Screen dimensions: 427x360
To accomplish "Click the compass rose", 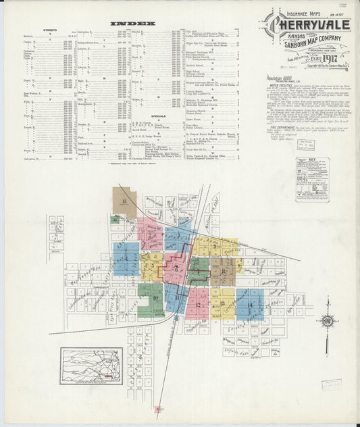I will click(x=327, y=321).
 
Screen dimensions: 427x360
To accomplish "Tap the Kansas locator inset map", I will click(x=91, y=366).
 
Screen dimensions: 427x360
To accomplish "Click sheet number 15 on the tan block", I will click(x=124, y=201).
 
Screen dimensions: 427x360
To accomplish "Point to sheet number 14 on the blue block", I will click(x=250, y=305).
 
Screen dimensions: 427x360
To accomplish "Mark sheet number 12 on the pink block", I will click(x=197, y=305).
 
